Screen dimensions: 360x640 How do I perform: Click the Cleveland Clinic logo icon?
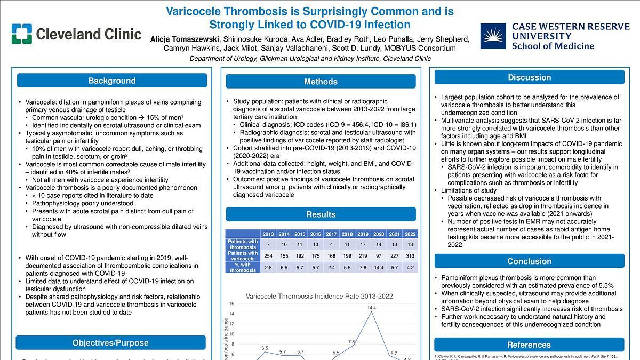pos(22,34)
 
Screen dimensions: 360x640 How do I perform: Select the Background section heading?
pos(112,81)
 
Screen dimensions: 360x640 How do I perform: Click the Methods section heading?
pos(321,82)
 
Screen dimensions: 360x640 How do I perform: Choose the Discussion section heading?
pos(529,77)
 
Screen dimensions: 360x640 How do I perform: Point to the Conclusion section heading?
pos(529,261)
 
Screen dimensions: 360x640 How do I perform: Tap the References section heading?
pos(529,345)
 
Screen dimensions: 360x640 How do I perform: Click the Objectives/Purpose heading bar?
pos(110,343)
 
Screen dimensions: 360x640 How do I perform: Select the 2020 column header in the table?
pos(378,234)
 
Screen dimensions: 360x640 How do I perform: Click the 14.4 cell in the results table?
pos(378,267)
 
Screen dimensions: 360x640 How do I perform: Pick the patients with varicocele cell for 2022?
pos(410,256)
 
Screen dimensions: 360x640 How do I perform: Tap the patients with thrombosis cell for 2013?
pos(268,244)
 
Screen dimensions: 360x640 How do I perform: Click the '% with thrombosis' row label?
pos(243,267)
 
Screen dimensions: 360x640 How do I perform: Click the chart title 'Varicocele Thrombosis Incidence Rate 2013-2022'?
pos(319,297)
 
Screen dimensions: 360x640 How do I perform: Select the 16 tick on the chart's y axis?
pos(231,304)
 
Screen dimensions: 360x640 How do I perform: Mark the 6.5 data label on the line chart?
pos(265,348)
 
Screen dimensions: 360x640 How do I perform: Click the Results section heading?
pos(321,214)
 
